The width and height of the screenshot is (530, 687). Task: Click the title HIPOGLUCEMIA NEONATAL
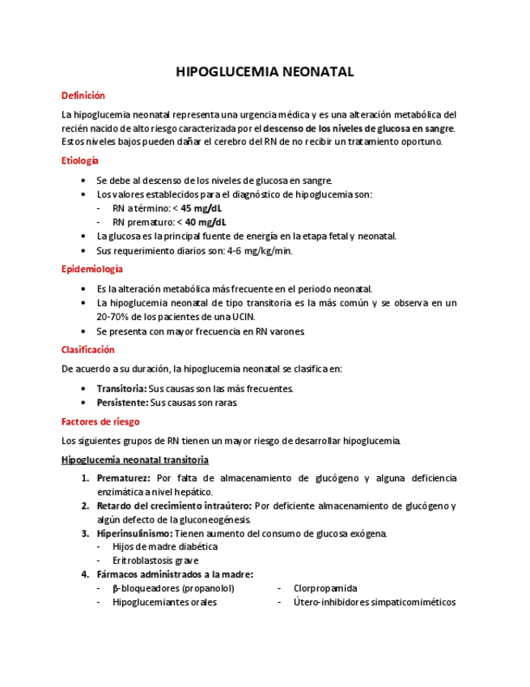[265, 72]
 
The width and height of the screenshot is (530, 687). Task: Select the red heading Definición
[83, 96]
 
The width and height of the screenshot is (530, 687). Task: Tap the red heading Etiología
[80, 160]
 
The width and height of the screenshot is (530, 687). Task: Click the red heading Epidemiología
[92, 269]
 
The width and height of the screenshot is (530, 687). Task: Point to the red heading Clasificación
[88, 350]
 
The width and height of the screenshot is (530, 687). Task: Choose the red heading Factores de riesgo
[100, 421]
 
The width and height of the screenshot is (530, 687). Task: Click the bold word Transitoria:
[121, 389]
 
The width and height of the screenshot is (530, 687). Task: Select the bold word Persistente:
[122, 403]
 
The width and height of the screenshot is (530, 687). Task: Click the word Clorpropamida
[325, 588]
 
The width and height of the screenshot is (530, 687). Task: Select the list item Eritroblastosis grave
[155, 561]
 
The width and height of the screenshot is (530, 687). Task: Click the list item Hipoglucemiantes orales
[164, 602]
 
